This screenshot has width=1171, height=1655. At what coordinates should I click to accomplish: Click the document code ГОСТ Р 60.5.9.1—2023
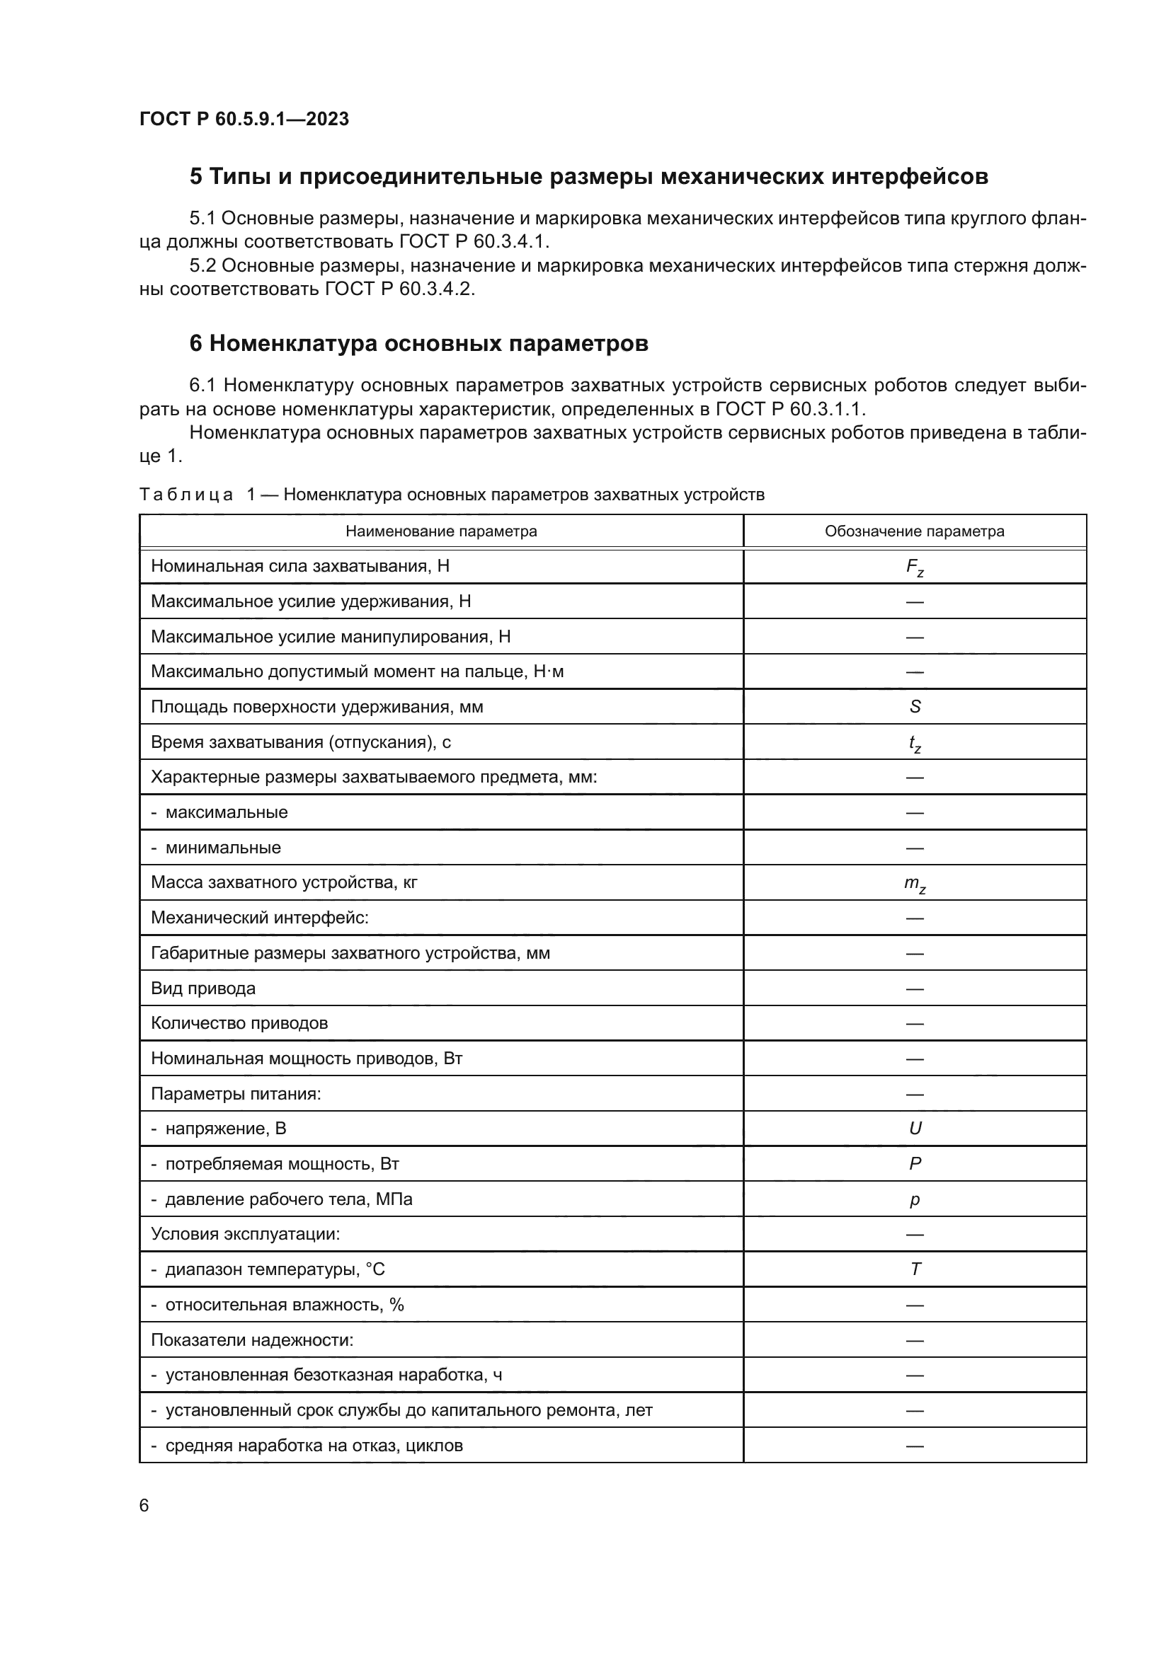(x=244, y=119)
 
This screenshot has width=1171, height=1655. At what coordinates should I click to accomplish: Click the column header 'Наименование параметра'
(x=440, y=531)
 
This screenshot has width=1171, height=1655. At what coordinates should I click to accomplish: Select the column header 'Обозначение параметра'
(x=914, y=531)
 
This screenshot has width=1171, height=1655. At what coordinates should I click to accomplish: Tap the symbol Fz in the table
(x=914, y=567)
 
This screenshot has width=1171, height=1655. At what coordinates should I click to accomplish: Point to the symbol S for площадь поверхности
(x=914, y=706)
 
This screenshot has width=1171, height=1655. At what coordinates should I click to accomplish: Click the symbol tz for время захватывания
(x=914, y=743)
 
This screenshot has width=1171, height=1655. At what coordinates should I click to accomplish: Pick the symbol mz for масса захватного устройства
(x=914, y=884)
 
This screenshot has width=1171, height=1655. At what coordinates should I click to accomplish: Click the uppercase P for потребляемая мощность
(x=914, y=1163)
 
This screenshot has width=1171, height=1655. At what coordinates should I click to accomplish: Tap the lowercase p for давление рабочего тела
(x=914, y=1199)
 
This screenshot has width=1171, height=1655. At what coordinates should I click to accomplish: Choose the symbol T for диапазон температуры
(x=914, y=1269)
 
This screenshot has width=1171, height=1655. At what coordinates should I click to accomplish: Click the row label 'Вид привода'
(x=202, y=988)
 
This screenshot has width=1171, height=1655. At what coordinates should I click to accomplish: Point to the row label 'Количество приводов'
(x=239, y=1023)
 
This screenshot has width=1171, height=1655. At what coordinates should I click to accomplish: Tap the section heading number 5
(x=195, y=177)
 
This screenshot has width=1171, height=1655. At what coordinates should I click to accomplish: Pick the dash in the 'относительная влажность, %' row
(x=914, y=1305)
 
